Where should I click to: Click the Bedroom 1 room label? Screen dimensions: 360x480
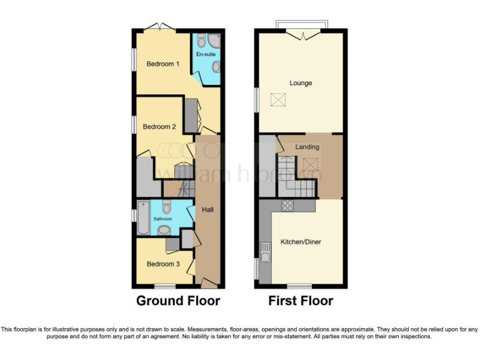point(163,64)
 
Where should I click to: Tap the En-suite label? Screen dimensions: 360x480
point(206,55)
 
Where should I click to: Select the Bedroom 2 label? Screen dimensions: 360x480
point(159,127)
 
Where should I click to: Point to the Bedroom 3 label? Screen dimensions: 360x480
point(163,264)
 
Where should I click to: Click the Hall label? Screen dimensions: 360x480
point(207,209)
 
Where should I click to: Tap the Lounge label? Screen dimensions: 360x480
point(301,82)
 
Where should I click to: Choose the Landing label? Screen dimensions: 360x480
point(307,147)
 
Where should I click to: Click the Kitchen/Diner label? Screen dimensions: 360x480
point(301,241)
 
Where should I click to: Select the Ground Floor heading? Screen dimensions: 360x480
point(178,301)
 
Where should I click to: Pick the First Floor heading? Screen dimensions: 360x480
point(301,301)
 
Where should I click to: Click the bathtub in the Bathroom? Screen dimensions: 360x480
point(144,217)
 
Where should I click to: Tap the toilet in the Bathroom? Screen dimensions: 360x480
point(166,206)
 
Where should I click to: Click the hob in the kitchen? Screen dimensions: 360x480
point(288,205)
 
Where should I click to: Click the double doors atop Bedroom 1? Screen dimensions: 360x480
point(161,27)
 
